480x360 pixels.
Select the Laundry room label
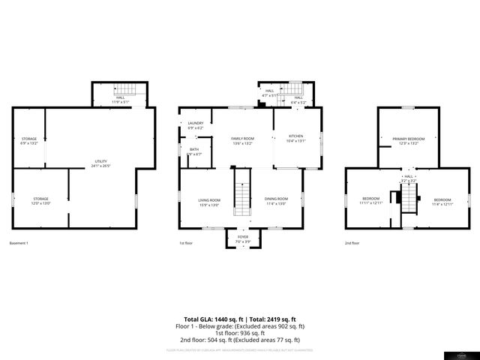tap(196, 125)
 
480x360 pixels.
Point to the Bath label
tap(194, 151)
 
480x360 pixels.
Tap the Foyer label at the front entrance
tap(242, 238)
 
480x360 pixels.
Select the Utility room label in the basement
tap(100, 163)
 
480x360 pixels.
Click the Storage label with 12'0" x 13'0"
tap(40, 201)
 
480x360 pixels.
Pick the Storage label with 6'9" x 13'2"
tap(29, 141)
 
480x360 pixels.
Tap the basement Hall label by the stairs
tap(120, 99)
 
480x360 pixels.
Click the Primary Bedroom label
tap(408, 141)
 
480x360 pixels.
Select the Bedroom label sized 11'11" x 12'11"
tap(371, 200)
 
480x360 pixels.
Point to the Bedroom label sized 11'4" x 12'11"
tap(442, 200)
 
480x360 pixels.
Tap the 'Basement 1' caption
tap(19, 243)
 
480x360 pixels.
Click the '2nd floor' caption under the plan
tap(352, 243)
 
